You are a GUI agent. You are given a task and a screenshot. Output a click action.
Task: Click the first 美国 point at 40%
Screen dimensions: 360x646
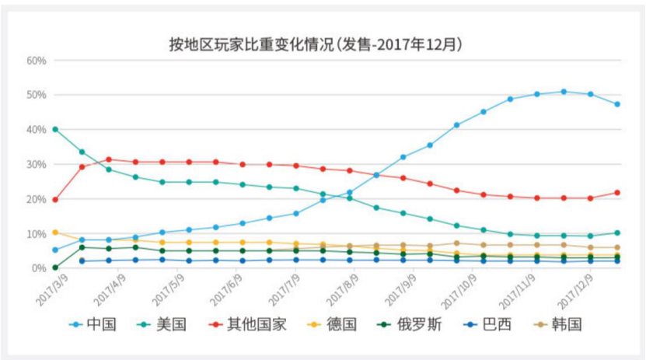[54, 129]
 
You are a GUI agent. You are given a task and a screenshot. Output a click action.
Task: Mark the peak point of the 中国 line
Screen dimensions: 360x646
[564, 92]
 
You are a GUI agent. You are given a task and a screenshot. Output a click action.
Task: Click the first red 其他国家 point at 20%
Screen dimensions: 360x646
[54, 200]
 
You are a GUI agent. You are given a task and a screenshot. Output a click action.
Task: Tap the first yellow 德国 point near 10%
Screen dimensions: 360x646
[54, 232]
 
